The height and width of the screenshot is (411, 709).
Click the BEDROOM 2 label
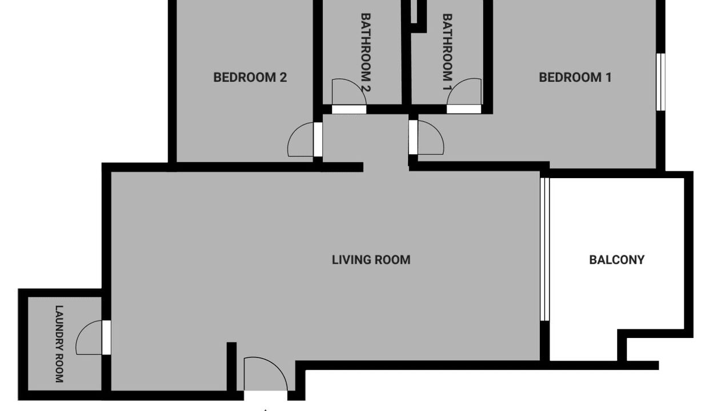pos(250,78)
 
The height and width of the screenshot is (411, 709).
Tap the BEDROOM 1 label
pos(575,78)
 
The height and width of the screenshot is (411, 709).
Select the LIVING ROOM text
pos(371,260)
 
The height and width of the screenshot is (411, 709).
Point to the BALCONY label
pos(616,260)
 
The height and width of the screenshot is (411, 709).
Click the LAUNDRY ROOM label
pos(59,344)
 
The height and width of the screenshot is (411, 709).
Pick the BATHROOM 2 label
pos(366,53)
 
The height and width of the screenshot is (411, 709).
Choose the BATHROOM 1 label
pos(447,52)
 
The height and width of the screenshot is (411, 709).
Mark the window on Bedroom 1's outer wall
pos(660,82)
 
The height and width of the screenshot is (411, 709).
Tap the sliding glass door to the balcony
pos(544,249)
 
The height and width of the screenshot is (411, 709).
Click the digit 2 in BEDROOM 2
pos(283,78)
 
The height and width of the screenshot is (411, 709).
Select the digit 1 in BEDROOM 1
pos(608,78)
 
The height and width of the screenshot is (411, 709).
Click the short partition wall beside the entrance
pos(232,366)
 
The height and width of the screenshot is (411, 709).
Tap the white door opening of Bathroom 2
pos(349,110)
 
